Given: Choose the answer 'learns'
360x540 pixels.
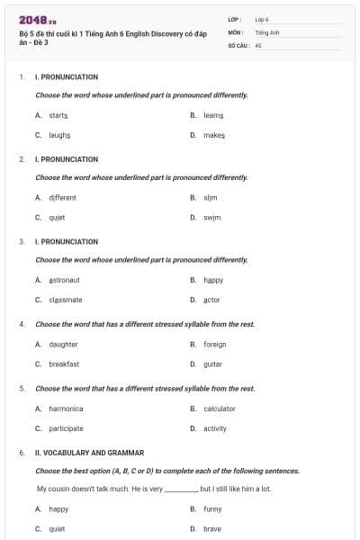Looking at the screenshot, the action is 213,115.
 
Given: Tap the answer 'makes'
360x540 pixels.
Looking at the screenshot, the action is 214,135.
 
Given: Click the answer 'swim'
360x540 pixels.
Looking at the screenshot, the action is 211,217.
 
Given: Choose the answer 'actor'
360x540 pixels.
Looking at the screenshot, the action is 211,300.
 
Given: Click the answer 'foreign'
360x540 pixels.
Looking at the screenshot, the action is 214,344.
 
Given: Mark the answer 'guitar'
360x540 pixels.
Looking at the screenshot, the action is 212,364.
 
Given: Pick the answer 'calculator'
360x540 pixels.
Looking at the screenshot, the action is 219,409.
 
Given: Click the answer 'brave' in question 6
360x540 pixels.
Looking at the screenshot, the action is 211,528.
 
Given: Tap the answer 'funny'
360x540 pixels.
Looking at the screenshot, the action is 212,508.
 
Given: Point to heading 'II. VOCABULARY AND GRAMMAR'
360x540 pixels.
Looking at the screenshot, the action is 89,453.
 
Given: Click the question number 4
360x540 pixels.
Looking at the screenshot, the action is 22,324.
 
